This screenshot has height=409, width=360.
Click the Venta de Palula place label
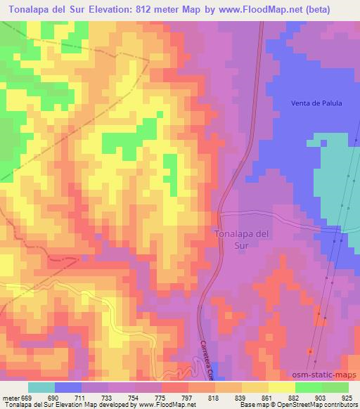(316, 103)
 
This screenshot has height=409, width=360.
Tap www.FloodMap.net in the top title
(271, 8)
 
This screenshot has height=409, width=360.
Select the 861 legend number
(265, 398)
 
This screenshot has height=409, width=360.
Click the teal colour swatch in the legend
(41, 387)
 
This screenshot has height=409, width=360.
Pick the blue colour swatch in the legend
(68, 387)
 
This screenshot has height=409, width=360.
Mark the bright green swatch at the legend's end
(335, 387)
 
